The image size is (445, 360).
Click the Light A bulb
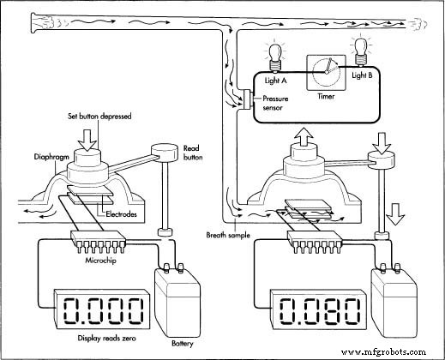click(275, 58)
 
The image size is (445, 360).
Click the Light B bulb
click(361, 51)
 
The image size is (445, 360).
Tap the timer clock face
click(326, 73)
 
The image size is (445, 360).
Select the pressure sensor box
click(247, 99)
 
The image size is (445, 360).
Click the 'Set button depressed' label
click(99, 117)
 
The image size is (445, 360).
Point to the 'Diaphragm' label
click(51, 157)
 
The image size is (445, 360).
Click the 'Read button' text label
click(193, 153)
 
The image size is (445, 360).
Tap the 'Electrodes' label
click(121, 214)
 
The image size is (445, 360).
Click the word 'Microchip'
click(100, 261)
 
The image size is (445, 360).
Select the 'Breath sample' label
click(228, 235)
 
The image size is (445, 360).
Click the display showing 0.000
click(102, 310)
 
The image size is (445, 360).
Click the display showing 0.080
click(318, 311)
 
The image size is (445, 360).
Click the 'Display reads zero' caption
click(107, 339)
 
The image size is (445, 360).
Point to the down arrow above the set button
click(88, 140)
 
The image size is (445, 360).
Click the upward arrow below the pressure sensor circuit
click(304, 138)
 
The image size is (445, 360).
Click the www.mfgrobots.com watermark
click(384, 351)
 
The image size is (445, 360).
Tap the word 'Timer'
click(326, 96)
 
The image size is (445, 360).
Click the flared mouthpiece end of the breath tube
click(35, 23)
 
